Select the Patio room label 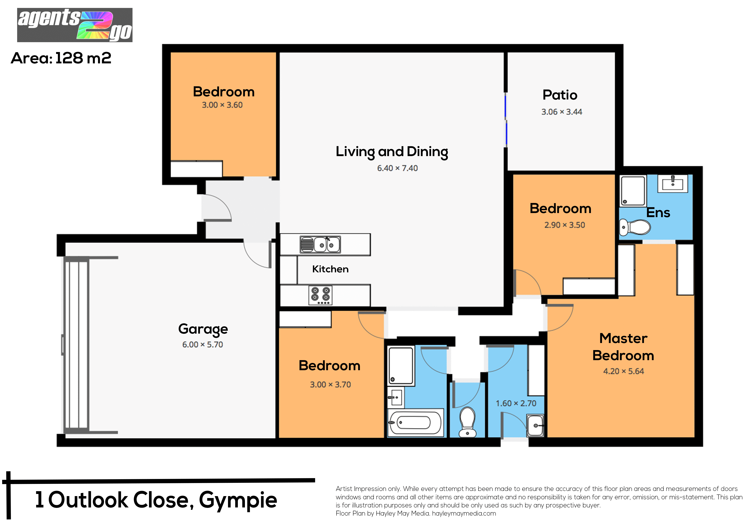(x=560, y=95)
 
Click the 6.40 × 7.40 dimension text (x=397, y=168)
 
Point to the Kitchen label (x=330, y=269)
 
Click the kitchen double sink (x=320, y=244)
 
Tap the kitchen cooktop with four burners (x=320, y=295)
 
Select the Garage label (x=203, y=329)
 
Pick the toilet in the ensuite (x=635, y=227)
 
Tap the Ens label (x=658, y=213)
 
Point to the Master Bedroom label (x=623, y=347)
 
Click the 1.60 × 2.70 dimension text (x=516, y=403)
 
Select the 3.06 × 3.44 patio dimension (x=562, y=112)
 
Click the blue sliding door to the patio (x=506, y=119)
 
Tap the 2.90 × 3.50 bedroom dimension (x=565, y=225)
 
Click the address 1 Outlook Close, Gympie (x=156, y=500)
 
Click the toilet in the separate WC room (x=467, y=422)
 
